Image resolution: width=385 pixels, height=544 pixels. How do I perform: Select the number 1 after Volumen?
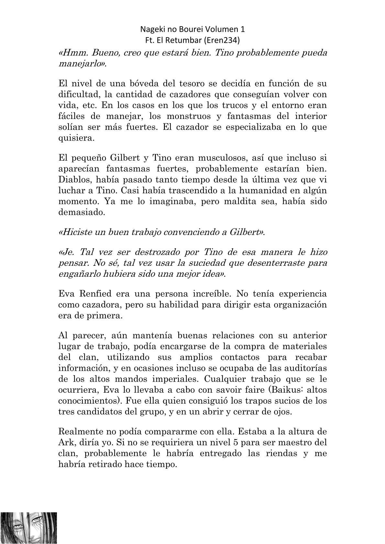pos(243,29)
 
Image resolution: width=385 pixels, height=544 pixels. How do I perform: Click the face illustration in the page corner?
pos(28,528)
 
